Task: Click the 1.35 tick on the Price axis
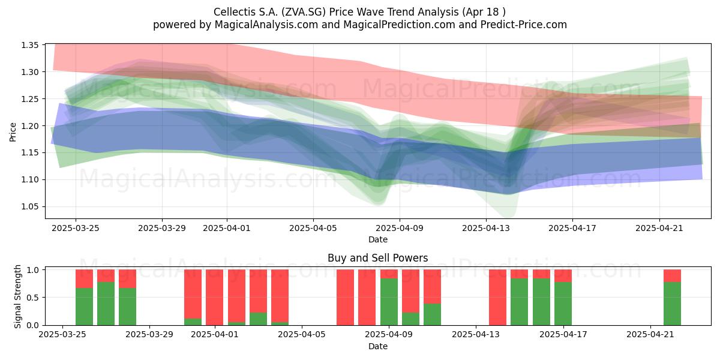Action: (29, 45)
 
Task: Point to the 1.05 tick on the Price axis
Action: (29, 206)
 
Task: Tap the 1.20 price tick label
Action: (29, 126)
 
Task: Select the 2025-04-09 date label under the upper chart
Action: (400, 228)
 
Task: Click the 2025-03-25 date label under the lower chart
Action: (62, 335)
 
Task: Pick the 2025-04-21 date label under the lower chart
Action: (650, 335)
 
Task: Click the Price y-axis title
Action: (13, 132)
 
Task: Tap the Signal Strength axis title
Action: (17, 296)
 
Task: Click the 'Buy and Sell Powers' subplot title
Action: (377, 258)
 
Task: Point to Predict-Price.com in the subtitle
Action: (524, 25)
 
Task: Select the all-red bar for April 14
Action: (497, 298)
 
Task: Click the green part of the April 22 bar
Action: (672, 304)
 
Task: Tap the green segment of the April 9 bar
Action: (389, 302)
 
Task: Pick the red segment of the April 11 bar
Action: (433, 287)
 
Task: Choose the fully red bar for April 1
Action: (214, 298)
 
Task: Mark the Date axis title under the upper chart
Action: (377, 239)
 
